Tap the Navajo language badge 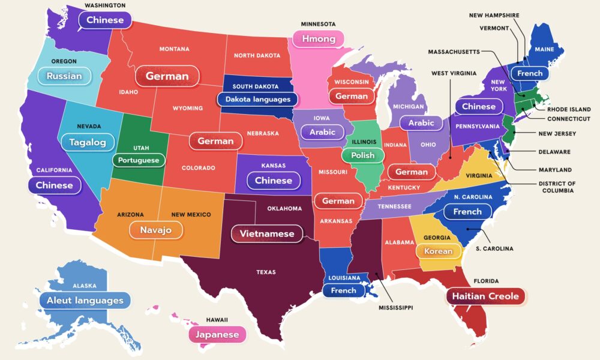[156, 230]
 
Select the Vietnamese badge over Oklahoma [267, 233]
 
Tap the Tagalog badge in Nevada [88, 142]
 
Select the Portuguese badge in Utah [139, 160]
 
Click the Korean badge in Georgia [438, 251]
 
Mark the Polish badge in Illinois [362, 155]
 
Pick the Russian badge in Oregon [64, 76]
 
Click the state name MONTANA [174, 49]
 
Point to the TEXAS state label [266, 272]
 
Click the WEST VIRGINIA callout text [454, 73]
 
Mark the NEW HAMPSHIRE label [494, 15]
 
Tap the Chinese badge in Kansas [274, 181]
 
